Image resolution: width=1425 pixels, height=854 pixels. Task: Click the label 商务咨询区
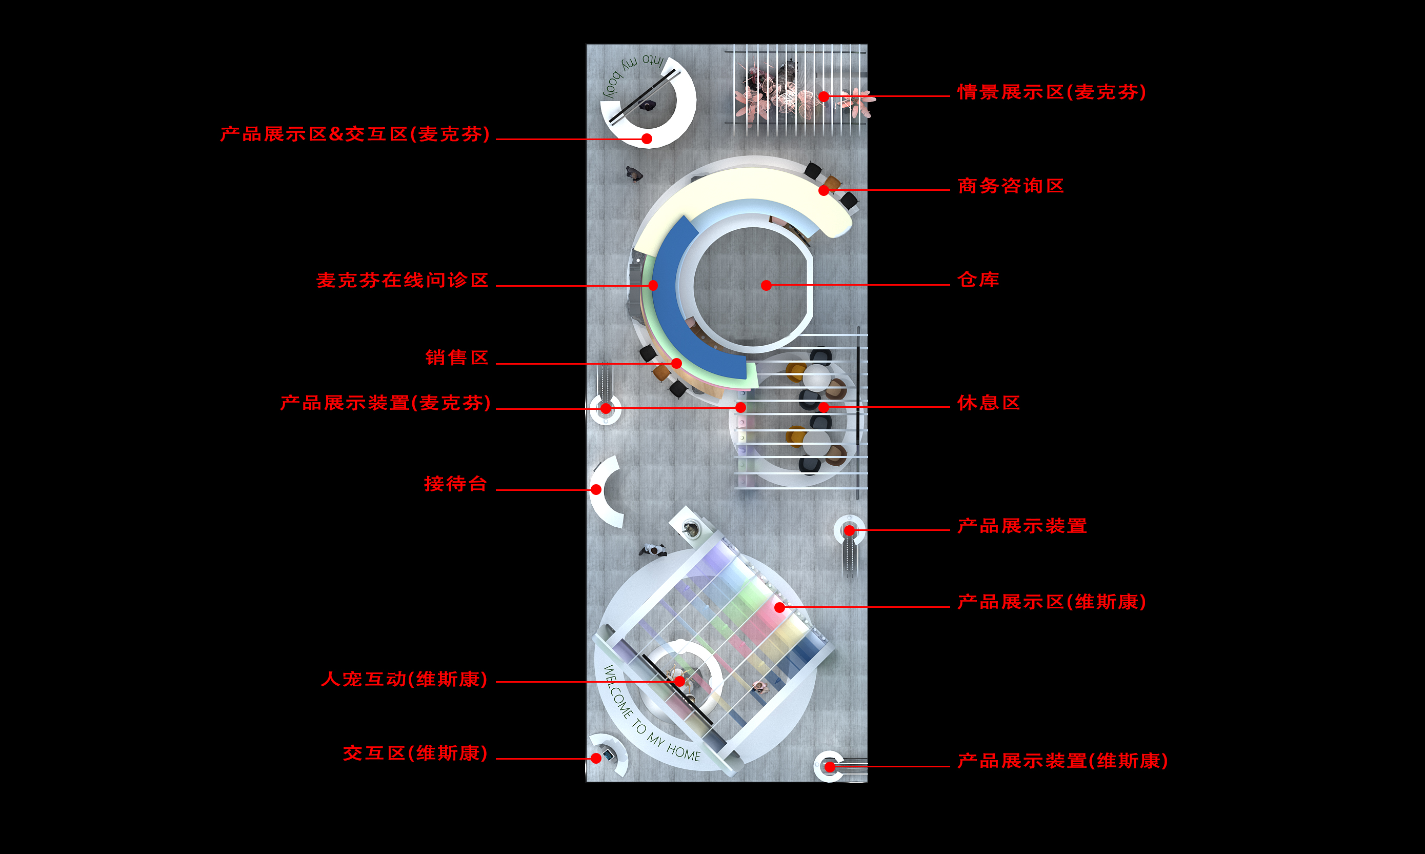[1011, 186]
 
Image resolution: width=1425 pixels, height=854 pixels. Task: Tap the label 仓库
[978, 280]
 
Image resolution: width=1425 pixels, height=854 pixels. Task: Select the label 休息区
[988, 403]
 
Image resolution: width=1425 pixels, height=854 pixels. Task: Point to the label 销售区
[457, 358]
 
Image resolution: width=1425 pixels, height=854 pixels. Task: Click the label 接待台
[456, 483]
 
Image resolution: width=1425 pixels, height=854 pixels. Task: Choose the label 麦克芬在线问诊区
[403, 280]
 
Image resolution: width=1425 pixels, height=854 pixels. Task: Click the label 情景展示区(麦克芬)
[1052, 92]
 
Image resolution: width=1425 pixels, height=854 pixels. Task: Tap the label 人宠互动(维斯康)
[405, 679]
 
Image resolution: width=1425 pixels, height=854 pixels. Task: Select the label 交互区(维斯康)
[415, 753]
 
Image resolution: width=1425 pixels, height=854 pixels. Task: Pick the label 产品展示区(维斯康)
[1052, 602]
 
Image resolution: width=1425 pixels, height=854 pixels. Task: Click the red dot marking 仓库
[766, 285]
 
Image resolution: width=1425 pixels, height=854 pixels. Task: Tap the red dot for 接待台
[596, 490]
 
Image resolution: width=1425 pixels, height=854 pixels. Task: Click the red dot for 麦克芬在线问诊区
[653, 285]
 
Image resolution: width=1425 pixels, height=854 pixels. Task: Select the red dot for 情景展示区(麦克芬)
[824, 96]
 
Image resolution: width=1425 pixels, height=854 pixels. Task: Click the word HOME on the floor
[684, 751]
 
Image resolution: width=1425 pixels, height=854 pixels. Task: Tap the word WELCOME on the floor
[617, 692]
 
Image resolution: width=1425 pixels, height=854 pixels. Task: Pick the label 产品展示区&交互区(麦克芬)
[355, 134]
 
